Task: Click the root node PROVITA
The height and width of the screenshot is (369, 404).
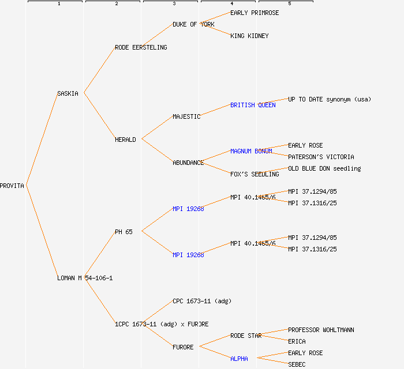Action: (12, 186)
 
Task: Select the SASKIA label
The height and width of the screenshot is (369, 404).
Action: (68, 93)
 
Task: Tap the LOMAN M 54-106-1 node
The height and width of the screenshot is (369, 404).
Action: (85, 278)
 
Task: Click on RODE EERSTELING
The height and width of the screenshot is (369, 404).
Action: (141, 47)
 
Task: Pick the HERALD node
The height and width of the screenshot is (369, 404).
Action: (125, 140)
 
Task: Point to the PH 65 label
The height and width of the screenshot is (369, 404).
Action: (124, 232)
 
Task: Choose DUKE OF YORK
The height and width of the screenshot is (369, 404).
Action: (193, 24)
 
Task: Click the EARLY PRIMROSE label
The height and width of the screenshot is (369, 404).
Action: (255, 13)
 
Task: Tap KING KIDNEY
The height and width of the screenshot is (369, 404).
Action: (249, 36)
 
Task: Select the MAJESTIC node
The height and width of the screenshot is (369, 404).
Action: (186, 116)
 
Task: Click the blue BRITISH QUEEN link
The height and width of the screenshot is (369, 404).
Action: (253, 105)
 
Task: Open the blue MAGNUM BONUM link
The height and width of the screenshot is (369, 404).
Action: (251, 151)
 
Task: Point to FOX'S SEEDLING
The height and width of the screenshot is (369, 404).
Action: (255, 174)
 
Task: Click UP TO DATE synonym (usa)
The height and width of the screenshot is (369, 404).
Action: (330, 99)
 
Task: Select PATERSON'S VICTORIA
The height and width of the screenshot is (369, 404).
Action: (321, 157)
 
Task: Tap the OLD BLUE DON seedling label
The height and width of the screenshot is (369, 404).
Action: (324, 168)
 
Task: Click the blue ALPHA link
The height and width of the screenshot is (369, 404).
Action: (239, 359)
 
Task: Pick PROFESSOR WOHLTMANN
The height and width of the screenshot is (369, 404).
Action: (321, 330)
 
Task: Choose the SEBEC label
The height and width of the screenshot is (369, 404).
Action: (297, 364)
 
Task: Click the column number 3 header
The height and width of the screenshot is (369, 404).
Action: (174, 4)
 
